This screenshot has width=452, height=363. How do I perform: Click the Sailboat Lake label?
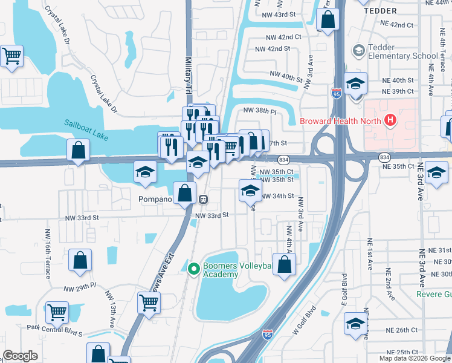tap(86, 130)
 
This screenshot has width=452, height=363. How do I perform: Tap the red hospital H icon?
tap(390, 120)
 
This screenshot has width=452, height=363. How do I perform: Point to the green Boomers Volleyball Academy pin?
tap(194, 268)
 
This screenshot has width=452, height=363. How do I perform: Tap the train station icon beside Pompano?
tap(204, 198)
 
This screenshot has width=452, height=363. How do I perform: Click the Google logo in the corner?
tap(20, 356)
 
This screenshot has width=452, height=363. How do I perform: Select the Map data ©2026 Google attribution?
tap(414, 358)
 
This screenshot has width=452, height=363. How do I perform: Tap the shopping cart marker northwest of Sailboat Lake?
tap(12, 56)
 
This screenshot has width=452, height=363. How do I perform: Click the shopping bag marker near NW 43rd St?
tap(327, 19)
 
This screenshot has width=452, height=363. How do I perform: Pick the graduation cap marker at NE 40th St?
tap(356, 84)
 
